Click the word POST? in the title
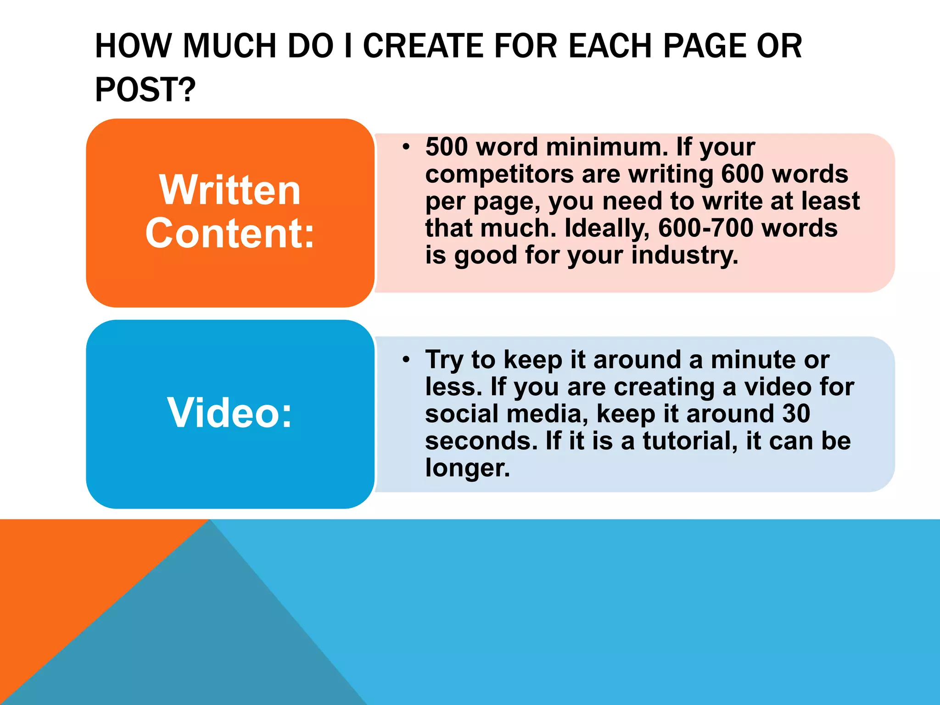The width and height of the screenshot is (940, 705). coord(145,89)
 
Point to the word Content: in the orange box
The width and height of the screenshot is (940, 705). coord(230,234)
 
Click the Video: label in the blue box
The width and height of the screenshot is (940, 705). coord(229,413)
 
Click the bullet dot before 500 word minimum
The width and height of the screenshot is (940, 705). coord(405,147)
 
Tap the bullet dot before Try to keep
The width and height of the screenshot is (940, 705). coord(405,360)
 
